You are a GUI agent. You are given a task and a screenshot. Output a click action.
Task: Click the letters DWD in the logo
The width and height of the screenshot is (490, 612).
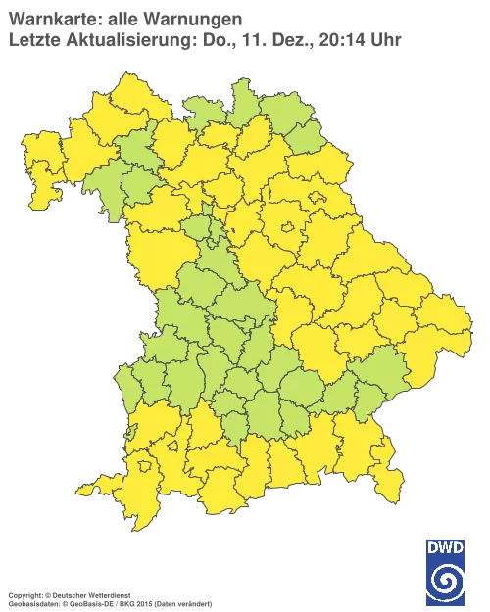click(445, 546)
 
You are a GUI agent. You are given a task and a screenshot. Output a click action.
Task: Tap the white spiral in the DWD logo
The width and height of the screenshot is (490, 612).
click(445, 577)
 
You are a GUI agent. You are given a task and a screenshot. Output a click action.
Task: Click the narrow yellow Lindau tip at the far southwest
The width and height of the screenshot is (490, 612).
click(90, 487)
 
